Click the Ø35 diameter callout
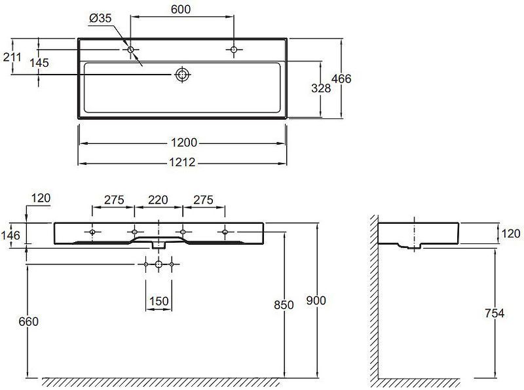click(101, 18)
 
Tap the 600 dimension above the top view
click(181, 9)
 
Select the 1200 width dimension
click(184, 143)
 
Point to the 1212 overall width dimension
click(182, 162)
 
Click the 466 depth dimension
click(341, 79)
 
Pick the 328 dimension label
click(321, 88)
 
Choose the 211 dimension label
click(12, 58)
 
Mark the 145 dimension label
click(39, 63)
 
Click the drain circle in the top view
click(183, 75)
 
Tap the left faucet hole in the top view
click(130, 50)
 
